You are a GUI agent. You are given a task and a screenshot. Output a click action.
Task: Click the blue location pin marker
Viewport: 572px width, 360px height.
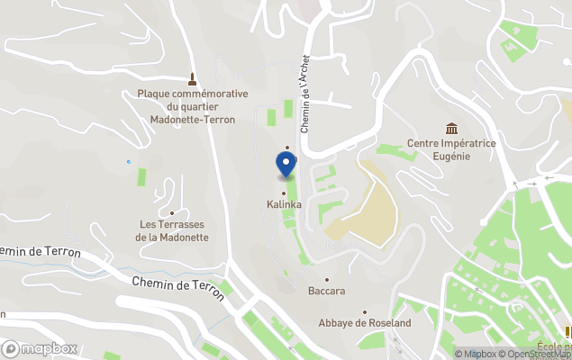(x=286, y=164)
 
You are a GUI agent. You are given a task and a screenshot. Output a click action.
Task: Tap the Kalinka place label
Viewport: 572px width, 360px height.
(x=284, y=204)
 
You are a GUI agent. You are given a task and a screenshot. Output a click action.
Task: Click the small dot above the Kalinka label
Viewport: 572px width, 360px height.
(x=284, y=193)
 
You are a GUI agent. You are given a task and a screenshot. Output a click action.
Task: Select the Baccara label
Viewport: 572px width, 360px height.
(x=327, y=292)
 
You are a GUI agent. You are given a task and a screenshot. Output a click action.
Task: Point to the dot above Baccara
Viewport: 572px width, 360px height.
(x=327, y=280)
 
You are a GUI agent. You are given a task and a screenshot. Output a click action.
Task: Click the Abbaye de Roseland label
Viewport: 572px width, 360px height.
(x=365, y=323)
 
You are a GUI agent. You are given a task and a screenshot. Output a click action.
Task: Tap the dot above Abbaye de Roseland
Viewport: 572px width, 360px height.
(x=365, y=311)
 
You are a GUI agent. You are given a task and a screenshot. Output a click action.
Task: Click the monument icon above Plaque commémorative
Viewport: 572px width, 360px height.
(x=191, y=78)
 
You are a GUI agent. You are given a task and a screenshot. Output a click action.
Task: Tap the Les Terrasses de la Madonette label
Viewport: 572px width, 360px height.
(x=172, y=230)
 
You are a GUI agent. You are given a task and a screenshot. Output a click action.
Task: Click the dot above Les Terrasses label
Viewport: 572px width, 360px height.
(x=172, y=212)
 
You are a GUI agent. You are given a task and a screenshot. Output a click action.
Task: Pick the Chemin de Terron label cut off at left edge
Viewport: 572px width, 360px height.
(x=41, y=251)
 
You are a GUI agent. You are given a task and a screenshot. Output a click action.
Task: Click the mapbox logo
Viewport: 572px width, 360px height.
(x=40, y=348)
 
